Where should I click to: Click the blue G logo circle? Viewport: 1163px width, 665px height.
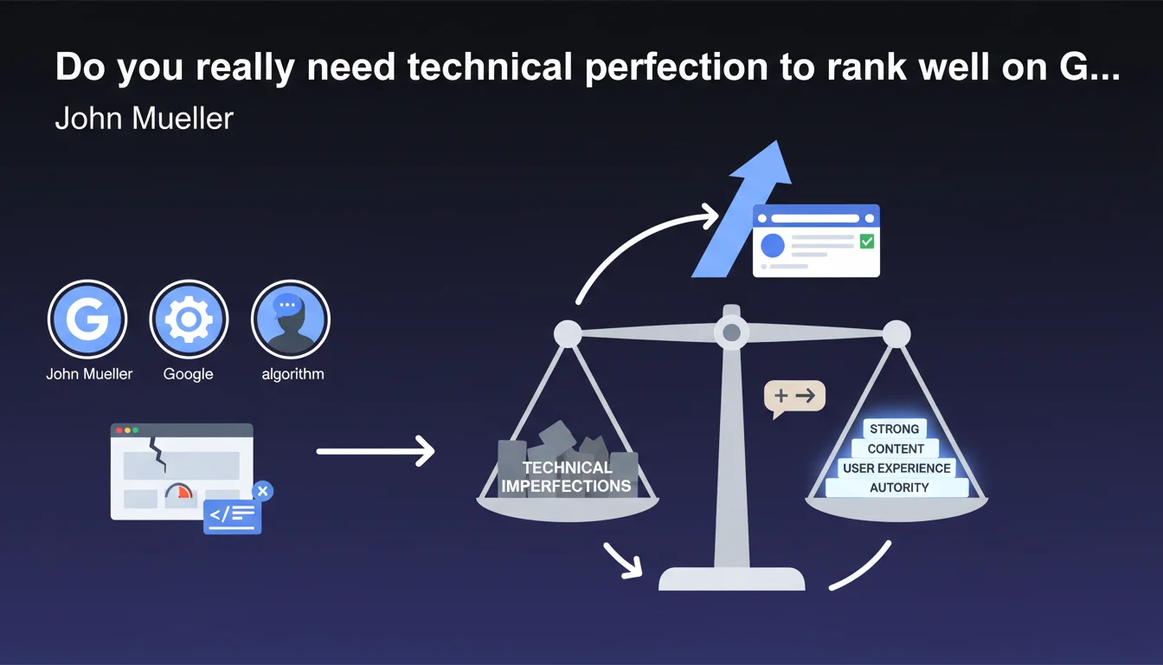pyautogui.click(x=87, y=319)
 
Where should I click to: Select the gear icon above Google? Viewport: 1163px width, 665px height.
pyautogui.click(x=189, y=319)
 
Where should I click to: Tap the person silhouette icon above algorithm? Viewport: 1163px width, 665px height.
pyautogui.click(x=290, y=319)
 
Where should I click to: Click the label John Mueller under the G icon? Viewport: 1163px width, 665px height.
pyautogui.click(x=89, y=374)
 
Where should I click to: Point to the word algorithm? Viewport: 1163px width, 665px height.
pyautogui.click(x=292, y=374)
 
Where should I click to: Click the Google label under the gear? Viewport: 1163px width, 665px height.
pyautogui.click(x=188, y=374)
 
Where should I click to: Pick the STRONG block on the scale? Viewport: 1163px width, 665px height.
pyautogui.click(x=895, y=429)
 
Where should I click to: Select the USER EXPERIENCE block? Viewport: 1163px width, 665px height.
pyautogui.click(x=896, y=468)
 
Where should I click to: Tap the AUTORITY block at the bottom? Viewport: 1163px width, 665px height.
pyautogui.click(x=897, y=487)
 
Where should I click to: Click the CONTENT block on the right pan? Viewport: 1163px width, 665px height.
pyautogui.click(x=896, y=449)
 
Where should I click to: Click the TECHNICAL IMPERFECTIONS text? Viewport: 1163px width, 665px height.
pyautogui.click(x=567, y=476)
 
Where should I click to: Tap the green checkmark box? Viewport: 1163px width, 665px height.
pyautogui.click(x=866, y=241)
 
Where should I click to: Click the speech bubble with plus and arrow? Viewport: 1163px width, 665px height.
pyautogui.click(x=794, y=398)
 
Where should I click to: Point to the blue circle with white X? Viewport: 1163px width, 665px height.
pyautogui.click(x=263, y=491)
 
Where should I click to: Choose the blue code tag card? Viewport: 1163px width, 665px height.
pyautogui.click(x=232, y=516)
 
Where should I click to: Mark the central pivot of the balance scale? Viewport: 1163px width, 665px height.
pyautogui.click(x=731, y=332)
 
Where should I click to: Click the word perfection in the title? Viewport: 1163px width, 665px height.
pyautogui.click(x=677, y=68)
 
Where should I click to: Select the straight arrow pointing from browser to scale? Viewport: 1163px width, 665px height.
pyautogui.click(x=376, y=451)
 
